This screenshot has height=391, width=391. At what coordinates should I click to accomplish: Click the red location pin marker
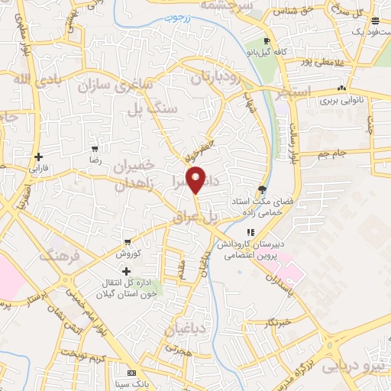pos(196,179)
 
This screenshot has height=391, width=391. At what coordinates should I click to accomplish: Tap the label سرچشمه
pos(226,5)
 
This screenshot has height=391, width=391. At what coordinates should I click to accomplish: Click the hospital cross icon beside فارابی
pos(38,156)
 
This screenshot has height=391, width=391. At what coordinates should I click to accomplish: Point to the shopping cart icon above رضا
pos(95,150)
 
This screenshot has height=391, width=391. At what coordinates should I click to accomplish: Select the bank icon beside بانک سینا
pos(131,372)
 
